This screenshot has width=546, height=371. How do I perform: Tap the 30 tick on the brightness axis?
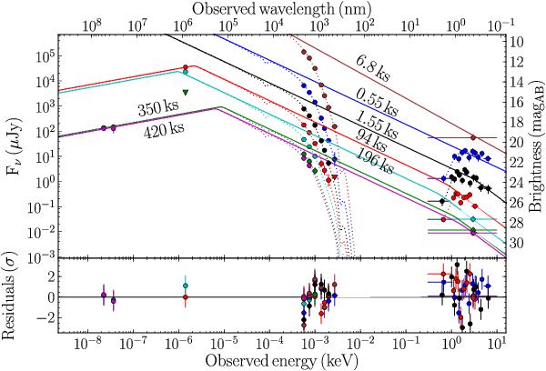[512, 244]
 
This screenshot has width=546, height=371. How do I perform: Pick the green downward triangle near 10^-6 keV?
[185, 93]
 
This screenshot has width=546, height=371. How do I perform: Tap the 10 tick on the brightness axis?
[512, 43]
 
